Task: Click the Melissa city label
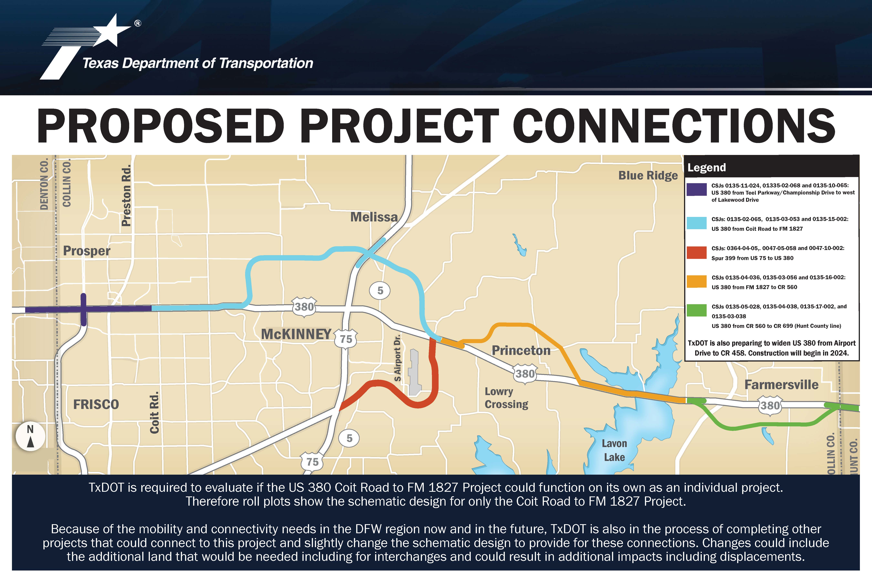click(374, 217)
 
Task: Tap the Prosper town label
click(87, 251)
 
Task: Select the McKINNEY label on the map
click(296, 334)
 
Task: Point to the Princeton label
click(521, 351)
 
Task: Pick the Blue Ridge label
click(648, 176)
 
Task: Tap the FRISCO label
click(96, 404)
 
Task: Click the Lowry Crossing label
click(506, 398)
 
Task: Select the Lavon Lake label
click(614, 450)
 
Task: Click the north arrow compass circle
click(30, 436)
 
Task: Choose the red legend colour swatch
click(697, 252)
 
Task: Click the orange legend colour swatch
click(697, 281)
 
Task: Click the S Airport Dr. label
click(397, 358)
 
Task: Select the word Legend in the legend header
click(707, 168)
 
